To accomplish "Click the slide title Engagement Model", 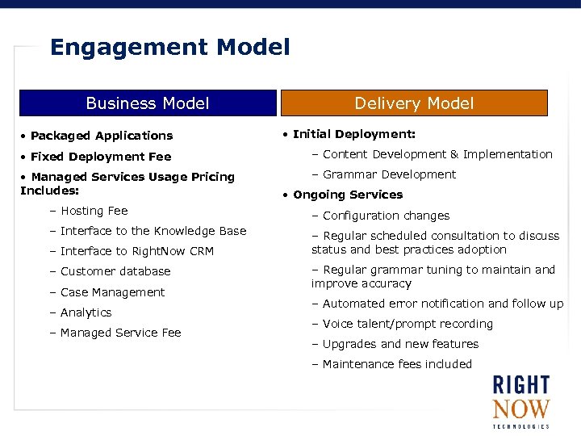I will pyautogui.click(x=169, y=48).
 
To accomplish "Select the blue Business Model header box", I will pyautogui.click(x=148, y=103).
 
